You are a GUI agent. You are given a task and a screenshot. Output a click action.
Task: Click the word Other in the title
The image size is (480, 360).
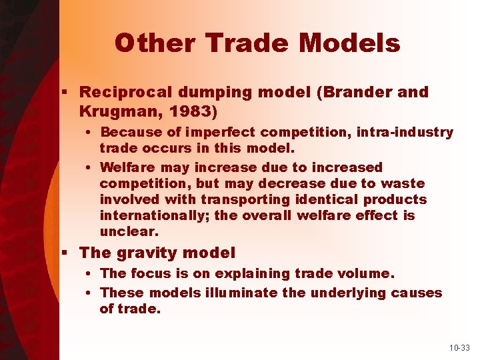[x=153, y=43]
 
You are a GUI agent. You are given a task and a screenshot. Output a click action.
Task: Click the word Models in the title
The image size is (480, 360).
[x=349, y=43]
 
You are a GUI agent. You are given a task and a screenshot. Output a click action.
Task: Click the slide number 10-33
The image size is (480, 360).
[x=459, y=348]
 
